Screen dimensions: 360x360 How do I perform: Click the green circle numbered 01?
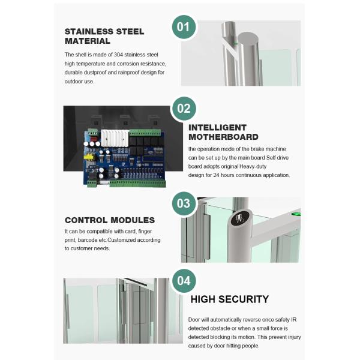click(184, 27)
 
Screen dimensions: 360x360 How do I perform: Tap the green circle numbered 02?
click(184, 108)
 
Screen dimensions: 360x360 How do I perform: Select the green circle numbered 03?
click(184, 203)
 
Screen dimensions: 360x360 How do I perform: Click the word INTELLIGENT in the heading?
click(217, 127)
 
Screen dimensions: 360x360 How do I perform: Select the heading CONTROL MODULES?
click(109, 220)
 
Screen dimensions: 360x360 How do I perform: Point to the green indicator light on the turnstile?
click(295, 212)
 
